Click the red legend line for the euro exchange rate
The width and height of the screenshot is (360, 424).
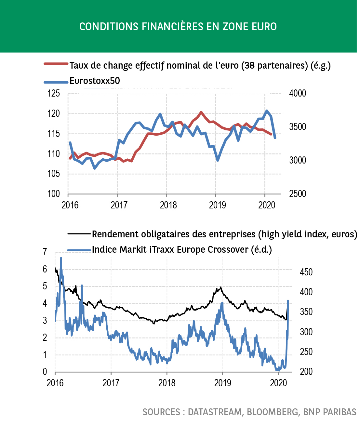coord(56,64)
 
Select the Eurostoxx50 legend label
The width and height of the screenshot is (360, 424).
coord(95,81)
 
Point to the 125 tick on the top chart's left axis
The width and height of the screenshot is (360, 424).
coord(54,94)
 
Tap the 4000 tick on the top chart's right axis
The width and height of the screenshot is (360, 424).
coord(298,94)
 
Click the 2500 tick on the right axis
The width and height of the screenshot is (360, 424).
coord(298,194)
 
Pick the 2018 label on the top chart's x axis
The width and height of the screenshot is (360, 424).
coord(168,205)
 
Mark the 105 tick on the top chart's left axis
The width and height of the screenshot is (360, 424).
coord(54,174)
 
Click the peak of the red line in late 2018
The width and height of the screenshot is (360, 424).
coord(201,112)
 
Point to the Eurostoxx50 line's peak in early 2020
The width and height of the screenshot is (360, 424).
coord(267,111)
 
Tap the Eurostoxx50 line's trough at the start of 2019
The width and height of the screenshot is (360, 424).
coord(217,160)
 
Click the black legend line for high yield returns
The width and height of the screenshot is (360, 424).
coord(79,233)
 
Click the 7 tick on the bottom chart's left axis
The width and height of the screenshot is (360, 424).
coord(45,252)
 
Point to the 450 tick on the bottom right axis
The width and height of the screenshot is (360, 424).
coord(306,272)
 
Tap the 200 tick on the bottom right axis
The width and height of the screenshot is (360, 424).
coord(306,372)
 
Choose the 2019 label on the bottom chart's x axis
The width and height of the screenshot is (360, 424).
coord(222,383)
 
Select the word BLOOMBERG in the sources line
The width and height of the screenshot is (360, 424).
coord(273,412)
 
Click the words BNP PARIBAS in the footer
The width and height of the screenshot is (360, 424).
coord(329,412)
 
